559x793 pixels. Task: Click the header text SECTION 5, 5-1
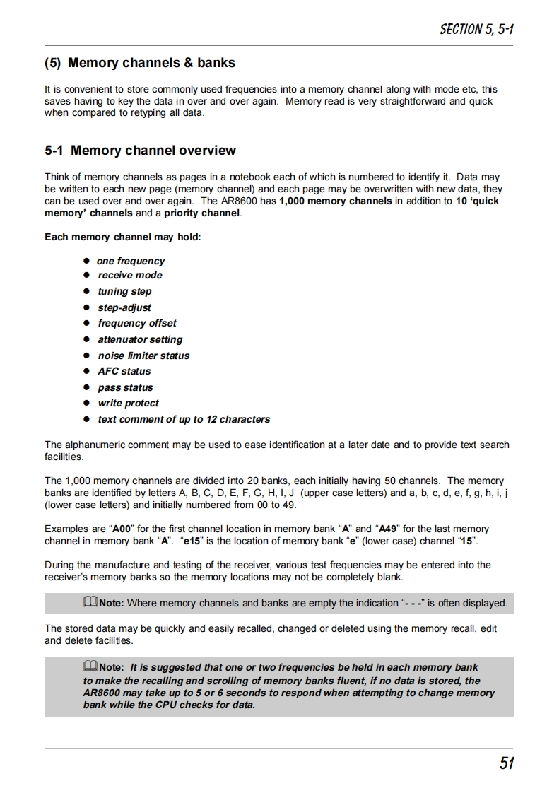pos(476,29)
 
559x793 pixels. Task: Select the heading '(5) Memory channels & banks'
pos(140,63)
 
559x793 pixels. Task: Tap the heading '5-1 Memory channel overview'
pos(140,151)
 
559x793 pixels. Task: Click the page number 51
pos(506,763)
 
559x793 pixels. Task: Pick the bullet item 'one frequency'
pos(131,261)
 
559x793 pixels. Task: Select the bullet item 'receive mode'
pos(130,276)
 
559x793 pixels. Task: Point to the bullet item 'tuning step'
pos(124,291)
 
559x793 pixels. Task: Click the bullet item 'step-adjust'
pos(124,307)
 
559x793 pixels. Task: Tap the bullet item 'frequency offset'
pos(137,323)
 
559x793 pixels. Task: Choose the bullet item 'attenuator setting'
pos(140,339)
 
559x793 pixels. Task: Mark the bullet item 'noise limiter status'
pos(143,356)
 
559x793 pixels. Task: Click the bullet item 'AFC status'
pos(124,371)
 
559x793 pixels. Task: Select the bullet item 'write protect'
pos(129,403)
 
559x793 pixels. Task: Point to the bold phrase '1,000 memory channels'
pos(335,201)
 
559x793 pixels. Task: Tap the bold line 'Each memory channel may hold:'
pos(123,237)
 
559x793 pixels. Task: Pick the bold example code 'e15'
pos(192,541)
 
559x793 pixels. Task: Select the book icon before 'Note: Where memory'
pos(90,603)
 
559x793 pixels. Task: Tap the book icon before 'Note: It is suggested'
pos(90,667)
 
